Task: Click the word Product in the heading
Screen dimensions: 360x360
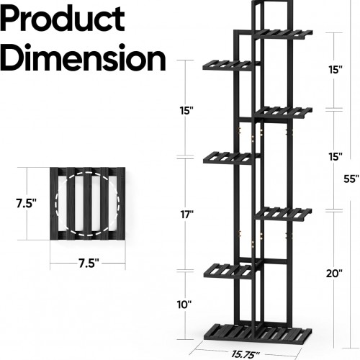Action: tap(63, 19)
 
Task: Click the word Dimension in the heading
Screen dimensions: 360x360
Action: tap(83, 58)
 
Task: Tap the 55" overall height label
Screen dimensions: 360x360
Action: tap(351, 179)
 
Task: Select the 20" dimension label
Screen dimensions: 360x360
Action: tap(334, 273)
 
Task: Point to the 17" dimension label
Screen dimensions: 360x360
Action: tap(187, 215)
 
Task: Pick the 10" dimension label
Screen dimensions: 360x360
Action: tap(184, 305)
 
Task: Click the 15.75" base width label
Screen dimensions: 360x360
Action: tap(246, 354)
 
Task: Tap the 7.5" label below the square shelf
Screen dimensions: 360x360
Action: tap(89, 264)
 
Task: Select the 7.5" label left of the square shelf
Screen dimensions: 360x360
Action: tap(26, 203)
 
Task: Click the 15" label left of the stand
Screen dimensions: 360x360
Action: tap(186, 111)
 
